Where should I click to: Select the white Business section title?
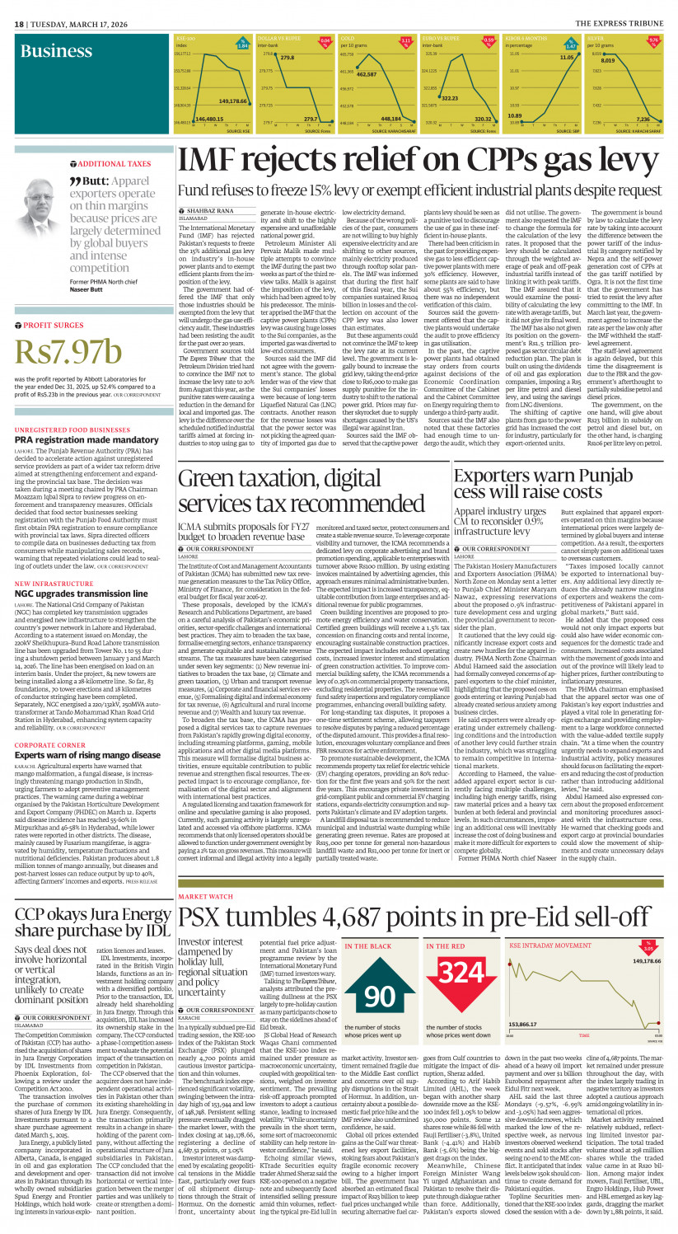click(x=56, y=52)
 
